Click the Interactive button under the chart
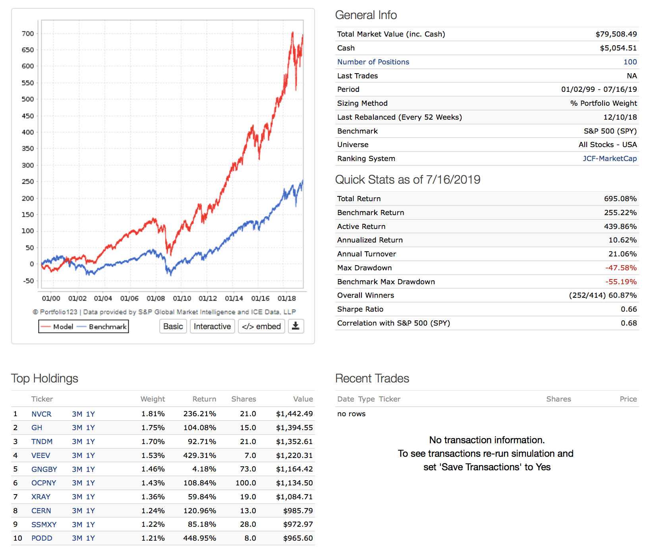(x=212, y=326)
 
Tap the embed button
(x=261, y=326)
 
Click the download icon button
(x=296, y=326)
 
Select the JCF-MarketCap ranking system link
(x=609, y=159)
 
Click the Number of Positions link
(x=373, y=62)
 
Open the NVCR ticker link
(x=41, y=414)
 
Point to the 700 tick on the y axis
(x=28, y=34)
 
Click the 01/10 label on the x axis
(x=182, y=298)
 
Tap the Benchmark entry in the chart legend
(x=107, y=327)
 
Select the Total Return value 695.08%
(x=620, y=199)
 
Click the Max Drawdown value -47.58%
(x=620, y=268)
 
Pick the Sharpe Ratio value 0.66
(x=628, y=309)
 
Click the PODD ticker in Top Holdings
(x=42, y=538)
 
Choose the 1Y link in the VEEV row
(x=91, y=455)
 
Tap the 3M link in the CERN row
(x=77, y=510)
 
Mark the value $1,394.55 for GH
(x=294, y=428)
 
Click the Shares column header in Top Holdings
(x=243, y=399)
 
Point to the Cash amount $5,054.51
(x=618, y=48)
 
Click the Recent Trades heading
(x=372, y=378)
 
